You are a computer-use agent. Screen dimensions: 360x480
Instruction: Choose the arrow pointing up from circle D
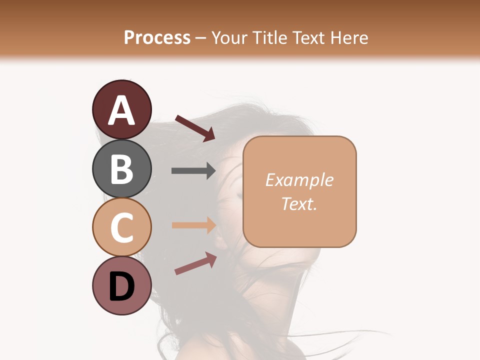(195, 263)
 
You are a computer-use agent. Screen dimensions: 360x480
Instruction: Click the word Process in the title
(157, 38)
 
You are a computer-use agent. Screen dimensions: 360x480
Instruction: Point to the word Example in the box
(299, 180)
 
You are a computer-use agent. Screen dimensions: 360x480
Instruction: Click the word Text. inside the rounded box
(299, 203)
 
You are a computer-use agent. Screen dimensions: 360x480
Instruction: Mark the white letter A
(121, 110)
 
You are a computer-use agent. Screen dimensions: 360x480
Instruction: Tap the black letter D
(121, 287)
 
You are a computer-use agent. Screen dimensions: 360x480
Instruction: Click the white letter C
(121, 228)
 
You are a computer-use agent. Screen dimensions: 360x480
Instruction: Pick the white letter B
(121, 169)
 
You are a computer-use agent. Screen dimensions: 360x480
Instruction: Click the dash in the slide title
(200, 38)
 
